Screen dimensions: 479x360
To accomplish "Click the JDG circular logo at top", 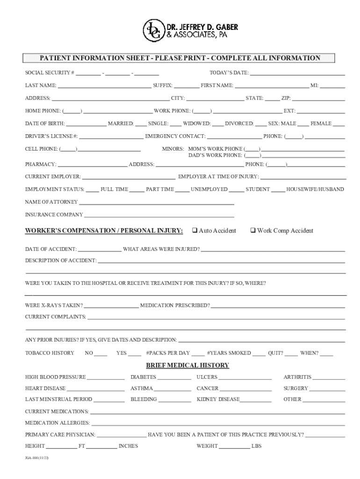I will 152,30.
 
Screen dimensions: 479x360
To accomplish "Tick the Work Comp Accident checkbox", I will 252,231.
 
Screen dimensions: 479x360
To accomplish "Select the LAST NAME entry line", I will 104,87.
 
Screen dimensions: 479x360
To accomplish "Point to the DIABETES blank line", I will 174,378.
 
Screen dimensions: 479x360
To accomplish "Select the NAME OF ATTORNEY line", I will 156,203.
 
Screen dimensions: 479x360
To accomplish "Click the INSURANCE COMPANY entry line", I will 159,216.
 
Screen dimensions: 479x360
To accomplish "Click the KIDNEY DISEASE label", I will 218,399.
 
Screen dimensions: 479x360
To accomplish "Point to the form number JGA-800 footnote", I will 37,458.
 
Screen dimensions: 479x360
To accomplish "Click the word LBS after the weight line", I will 257,446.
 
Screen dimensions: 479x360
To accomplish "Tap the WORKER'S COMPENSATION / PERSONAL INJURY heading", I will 104,231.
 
